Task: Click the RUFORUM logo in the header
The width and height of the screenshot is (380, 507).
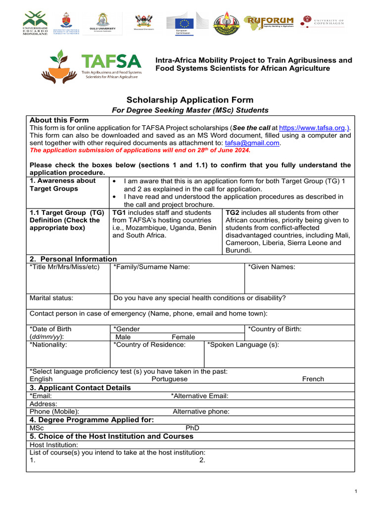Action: (x=270, y=22)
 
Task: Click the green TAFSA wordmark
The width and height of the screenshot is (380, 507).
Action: (x=110, y=62)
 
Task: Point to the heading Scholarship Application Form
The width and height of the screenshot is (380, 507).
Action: (x=190, y=100)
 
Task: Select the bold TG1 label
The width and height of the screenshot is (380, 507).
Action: (x=119, y=212)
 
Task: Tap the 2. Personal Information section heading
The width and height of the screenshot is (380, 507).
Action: (x=73, y=259)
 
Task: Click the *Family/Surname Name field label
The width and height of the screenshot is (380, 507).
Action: (x=151, y=267)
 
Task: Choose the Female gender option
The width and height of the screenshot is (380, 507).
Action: (x=183, y=337)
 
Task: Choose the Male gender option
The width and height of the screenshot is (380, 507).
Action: (x=123, y=337)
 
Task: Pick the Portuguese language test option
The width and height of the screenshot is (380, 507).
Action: (x=169, y=379)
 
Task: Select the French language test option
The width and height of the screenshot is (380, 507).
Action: (x=313, y=379)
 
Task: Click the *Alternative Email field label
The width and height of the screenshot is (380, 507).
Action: (x=199, y=396)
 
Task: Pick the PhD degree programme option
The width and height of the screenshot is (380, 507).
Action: (x=192, y=428)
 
